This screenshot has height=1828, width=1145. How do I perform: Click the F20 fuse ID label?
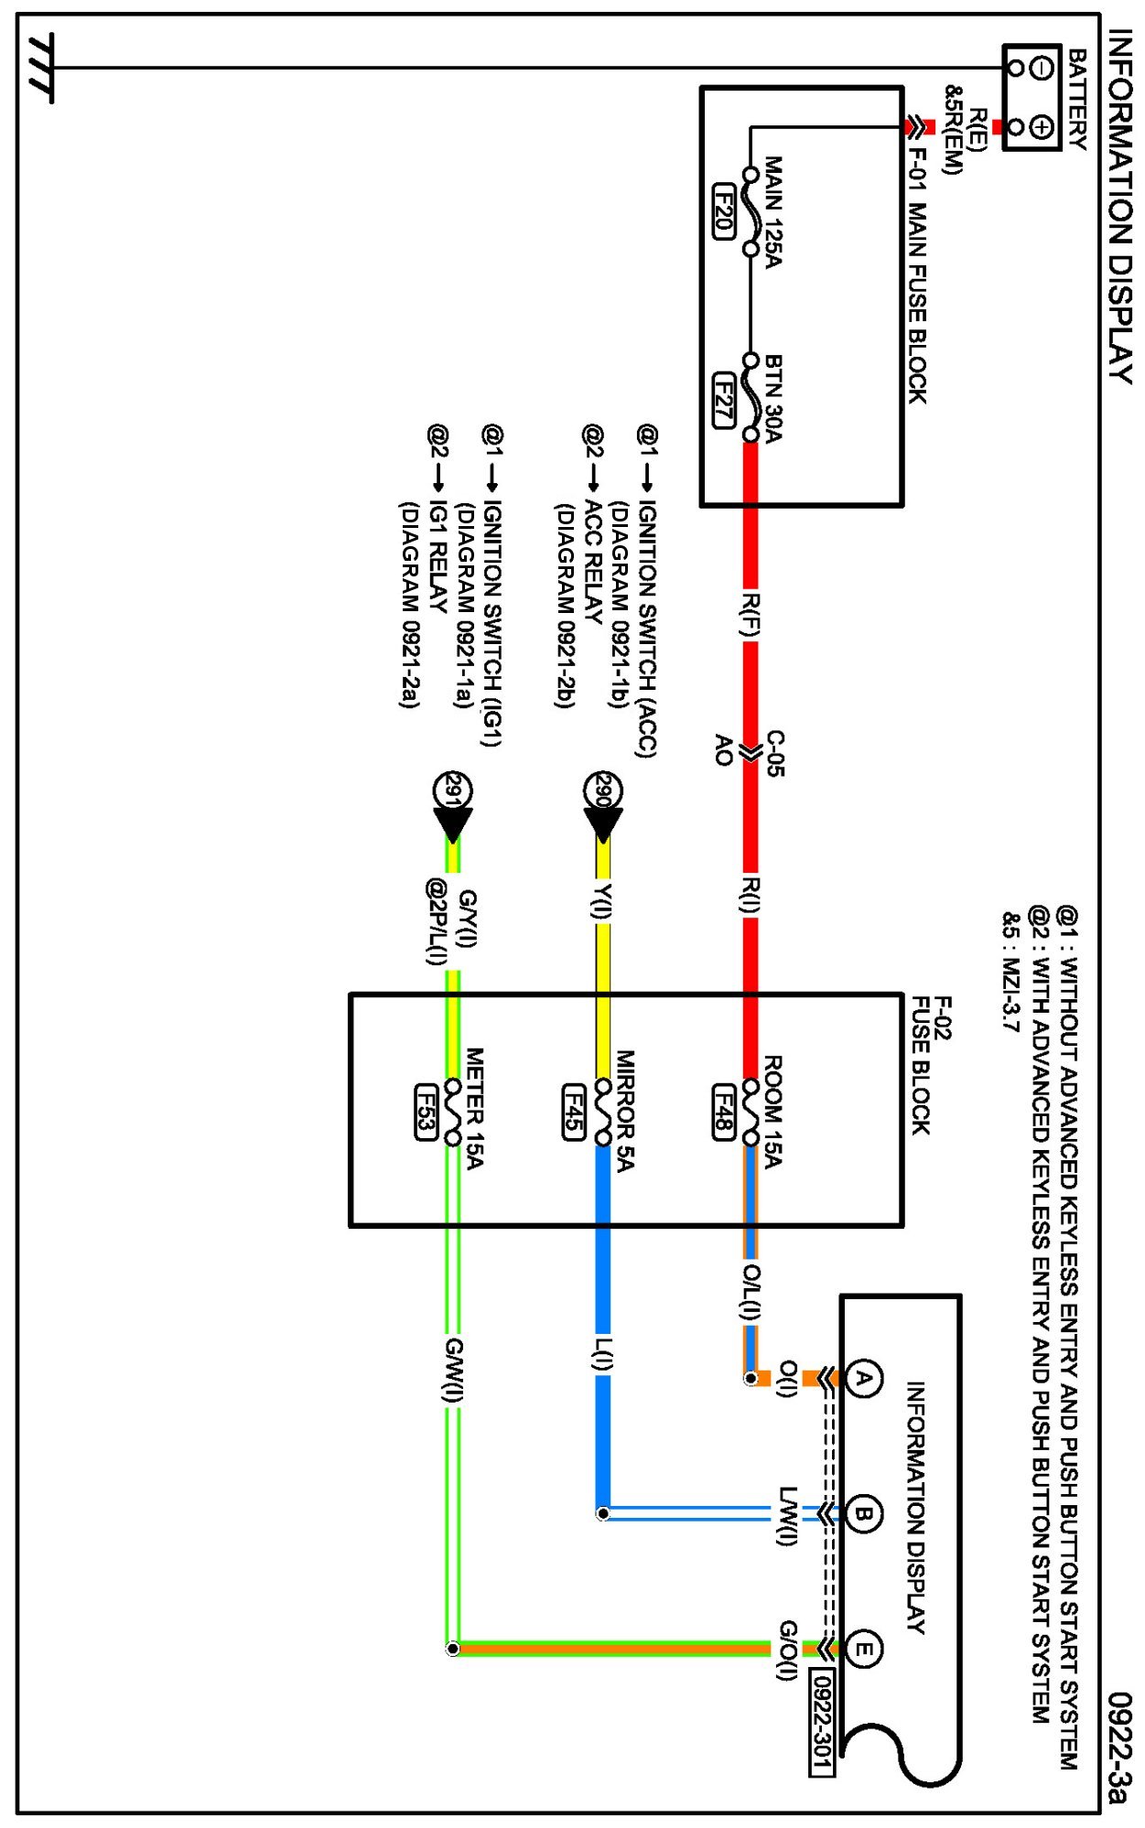point(723,211)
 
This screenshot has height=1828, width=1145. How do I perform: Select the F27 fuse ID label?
point(723,400)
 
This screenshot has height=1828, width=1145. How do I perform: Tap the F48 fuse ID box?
point(723,1112)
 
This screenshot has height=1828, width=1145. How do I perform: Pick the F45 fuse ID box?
point(574,1112)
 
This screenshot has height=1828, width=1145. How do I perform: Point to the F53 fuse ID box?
point(426,1112)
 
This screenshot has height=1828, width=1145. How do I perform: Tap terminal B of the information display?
point(862,1514)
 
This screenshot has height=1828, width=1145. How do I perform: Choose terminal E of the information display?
point(862,1650)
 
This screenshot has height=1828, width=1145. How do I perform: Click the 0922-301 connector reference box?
point(822,1721)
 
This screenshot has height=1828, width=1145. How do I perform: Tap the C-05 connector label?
point(774,753)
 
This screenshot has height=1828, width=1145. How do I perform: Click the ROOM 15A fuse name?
point(773,1112)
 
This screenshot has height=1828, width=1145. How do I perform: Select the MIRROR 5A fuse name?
point(624,1110)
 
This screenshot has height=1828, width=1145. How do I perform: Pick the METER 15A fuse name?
point(475,1108)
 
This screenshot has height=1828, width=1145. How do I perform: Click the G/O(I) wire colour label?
point(787,1650)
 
